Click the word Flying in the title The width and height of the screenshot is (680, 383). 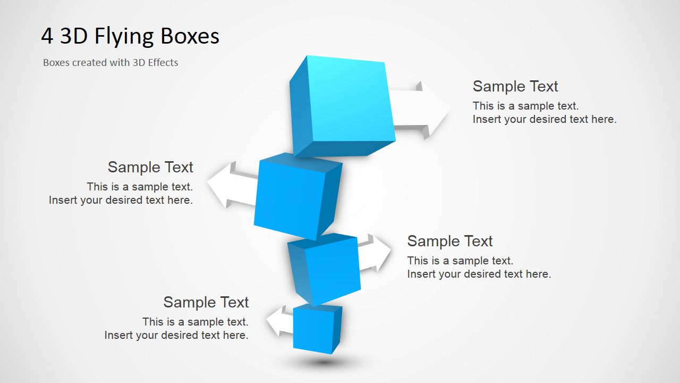pos(124,37)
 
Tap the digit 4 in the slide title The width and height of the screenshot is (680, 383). pos(47,36)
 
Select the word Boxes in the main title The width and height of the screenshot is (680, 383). pos(190,36)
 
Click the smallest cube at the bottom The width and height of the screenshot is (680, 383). pos(318,329)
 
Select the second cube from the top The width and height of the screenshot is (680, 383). pos(298,196)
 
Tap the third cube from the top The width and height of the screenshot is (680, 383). pos(324,269)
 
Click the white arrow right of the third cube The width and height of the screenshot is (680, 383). pos(375,253)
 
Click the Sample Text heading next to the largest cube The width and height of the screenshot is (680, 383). pos(515,86)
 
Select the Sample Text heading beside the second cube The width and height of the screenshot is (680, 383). pos(150,167)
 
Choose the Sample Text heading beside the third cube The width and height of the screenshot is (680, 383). pos(449,241)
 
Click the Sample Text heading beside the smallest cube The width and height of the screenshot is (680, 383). pos(206,302)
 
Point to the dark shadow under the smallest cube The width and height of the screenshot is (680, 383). pos(324,362)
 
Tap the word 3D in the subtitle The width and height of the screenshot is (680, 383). pos(139,62)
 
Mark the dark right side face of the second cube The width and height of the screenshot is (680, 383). pos(330,201)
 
